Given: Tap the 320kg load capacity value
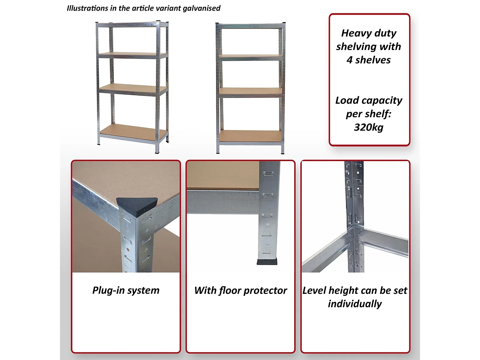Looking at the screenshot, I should click(x=369, y=127).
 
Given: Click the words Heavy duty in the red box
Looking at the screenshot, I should click(x=369, y=33).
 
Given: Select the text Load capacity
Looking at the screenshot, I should click(x=369, y=100).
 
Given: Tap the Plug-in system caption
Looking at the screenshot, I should click(x=126, y=290).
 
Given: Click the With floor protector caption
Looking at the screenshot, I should click(x=240, y=290).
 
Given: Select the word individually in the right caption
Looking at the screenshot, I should click(x=355, y=304).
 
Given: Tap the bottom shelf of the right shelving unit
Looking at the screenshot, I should click(x=250, y=136).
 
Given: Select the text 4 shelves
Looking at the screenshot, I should click(x=369, y=60).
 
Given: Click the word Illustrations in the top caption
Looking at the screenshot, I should click(x=87, y=8).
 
